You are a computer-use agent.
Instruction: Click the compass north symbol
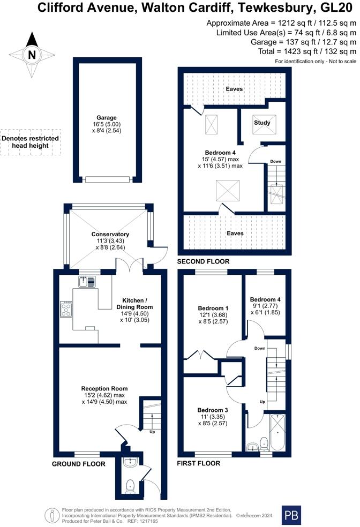tap(32, 54)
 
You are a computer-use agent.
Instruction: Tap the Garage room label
tap(107, 118)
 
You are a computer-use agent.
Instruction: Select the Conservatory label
tap(110, 235)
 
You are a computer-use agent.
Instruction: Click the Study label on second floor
tap(262, 123)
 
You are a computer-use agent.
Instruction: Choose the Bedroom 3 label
tap(213, 410)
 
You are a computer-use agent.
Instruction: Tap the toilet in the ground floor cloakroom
tap(130, 486)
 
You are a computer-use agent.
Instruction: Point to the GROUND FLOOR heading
tap(78, 464)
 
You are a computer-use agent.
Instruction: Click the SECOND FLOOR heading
tap(204, 261)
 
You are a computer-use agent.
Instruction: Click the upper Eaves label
tap(234, 89)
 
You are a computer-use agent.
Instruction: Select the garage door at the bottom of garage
tap(107, 179)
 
